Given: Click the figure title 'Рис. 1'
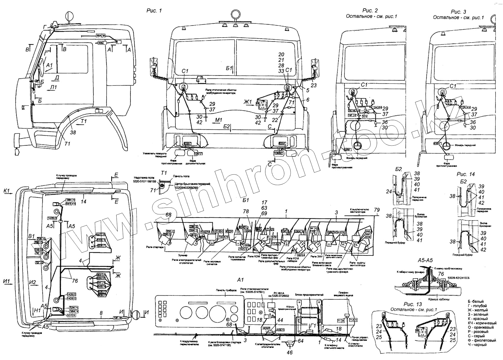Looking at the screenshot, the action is (154, 11).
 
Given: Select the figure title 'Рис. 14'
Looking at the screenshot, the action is (465, 174).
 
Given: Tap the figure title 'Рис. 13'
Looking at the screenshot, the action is (413, 304).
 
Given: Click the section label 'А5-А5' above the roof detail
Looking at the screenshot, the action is (425, 260).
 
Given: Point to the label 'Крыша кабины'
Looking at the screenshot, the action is (438, 299).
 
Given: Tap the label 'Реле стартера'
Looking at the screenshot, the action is (155, 247).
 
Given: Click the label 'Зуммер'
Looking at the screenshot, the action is (182, 255).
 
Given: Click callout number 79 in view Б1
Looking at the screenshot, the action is (377, 210).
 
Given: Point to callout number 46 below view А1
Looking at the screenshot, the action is (290, 352).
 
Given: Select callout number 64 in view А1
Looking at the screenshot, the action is (301, 341).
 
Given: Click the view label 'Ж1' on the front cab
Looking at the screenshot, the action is (247, 102).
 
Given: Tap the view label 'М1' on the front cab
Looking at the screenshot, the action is (218, 120).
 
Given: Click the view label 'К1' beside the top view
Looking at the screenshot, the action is (7, 191).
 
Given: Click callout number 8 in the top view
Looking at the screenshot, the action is (101, 313).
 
